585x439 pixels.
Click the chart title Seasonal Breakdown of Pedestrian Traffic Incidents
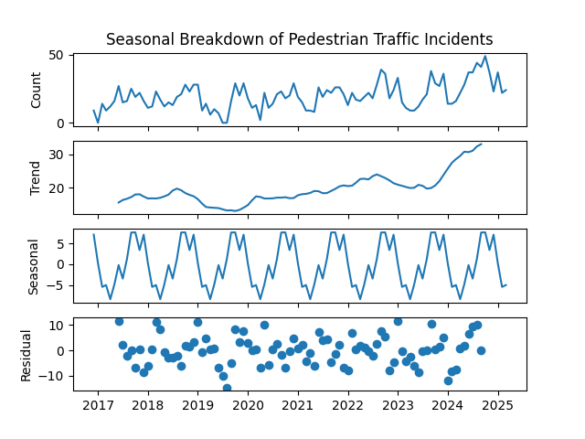tap(299, 39)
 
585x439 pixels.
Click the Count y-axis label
tap(37, 90)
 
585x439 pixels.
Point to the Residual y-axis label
tap(27, 354)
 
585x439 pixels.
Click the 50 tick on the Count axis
tap(55, 55)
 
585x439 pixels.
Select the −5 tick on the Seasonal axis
tap(54, 285)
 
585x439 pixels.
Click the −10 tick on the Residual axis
tap(51, 376)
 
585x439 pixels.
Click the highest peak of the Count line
tap(485, 57)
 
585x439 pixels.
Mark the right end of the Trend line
tap(482, 144)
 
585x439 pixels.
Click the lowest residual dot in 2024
tap(448, 380)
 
